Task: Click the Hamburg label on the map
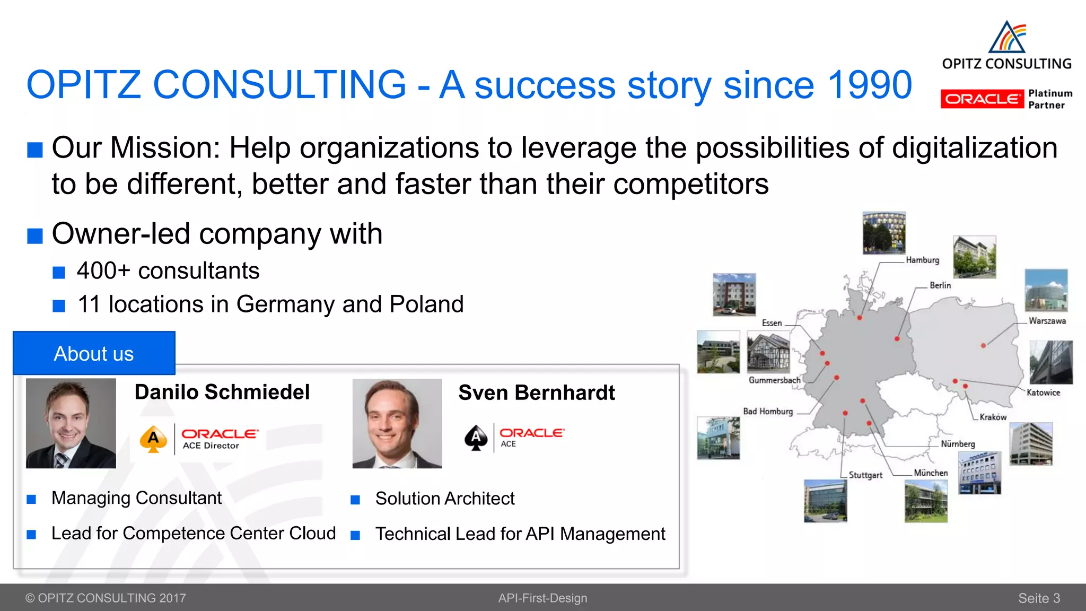point(922,260)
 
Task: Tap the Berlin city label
point(940,285)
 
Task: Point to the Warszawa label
point(1047,321)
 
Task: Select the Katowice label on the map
point(1043,392)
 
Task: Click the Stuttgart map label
point(865,475)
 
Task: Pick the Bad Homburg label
point(768,412)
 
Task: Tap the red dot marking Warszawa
point(983,345)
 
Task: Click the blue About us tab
point(94,353)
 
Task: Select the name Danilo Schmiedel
point(222,392)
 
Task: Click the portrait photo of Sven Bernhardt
point(397,423)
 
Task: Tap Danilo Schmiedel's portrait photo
point(71,423)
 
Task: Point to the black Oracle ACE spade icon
point(476,438)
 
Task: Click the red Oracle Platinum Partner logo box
point(982,99)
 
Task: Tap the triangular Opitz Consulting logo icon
point(1008,37)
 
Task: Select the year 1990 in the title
point(870,85)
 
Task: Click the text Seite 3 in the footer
point(1039,598)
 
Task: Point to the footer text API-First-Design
point(542,598)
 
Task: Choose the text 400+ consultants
point(168,271)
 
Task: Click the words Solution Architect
point(445,499)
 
